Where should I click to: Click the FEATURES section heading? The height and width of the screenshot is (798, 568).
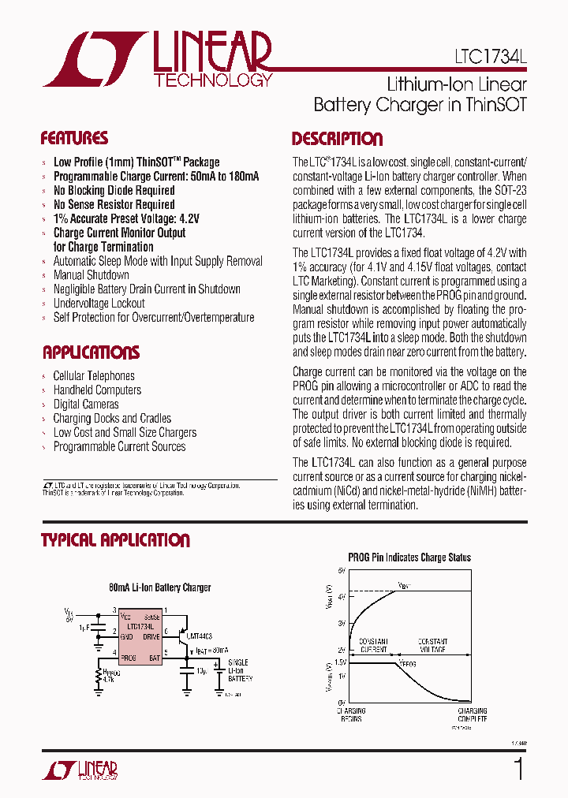[x=74, y=139]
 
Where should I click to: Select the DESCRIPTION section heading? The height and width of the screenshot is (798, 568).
[x=337, y=140]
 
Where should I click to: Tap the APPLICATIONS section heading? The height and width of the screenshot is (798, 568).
[x=91, y=352]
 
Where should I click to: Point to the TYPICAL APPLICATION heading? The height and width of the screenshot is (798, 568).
[x=115, y=540]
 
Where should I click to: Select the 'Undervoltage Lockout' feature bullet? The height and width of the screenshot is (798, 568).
[x=99, y=304]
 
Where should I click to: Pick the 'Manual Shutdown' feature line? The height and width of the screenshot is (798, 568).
[x=91, y=275]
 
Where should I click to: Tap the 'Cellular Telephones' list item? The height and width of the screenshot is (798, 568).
[x=94, y=376]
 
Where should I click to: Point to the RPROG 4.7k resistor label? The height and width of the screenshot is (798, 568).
[x=108, y=674]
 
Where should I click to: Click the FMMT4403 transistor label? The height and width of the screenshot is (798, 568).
[x=196, y=635]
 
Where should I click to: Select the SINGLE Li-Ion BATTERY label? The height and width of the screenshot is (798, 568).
[x=240, y=669]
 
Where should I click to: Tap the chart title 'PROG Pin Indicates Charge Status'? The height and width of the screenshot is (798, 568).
[x=409, y=557]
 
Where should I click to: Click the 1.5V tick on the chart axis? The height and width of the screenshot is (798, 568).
[x=340, y=662]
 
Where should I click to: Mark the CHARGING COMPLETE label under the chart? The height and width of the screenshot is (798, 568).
[x=472, y=714]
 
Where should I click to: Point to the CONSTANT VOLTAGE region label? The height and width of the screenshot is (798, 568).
[x=433, y=646]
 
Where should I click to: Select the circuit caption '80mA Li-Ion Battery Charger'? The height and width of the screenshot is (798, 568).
[x=160, y=587]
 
